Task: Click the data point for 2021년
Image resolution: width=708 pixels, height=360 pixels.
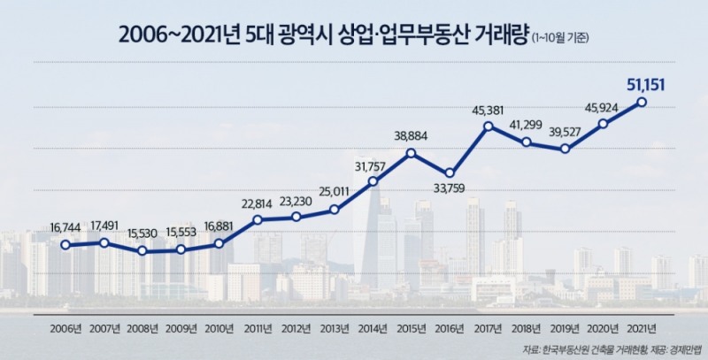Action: click(x=641, y=103)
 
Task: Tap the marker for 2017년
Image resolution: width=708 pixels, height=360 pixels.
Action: click(x=488, y=127)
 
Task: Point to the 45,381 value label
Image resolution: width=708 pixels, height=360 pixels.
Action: click(x=488, y=111)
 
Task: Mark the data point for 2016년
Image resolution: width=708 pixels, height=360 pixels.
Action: click(x=450, y=172)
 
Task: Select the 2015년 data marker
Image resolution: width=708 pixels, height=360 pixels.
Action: click(x=412, y=153)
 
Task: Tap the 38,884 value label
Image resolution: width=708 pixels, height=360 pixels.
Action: click(x=412, y=136)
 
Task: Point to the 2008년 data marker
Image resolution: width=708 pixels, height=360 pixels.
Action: click(x=143, y=251)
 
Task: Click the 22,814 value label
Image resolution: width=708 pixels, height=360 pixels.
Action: click(x=258, y=203)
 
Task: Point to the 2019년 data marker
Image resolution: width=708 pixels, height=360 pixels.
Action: click(x=565, y=149)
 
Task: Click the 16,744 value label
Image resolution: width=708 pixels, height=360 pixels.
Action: click(x=66, y=227)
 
